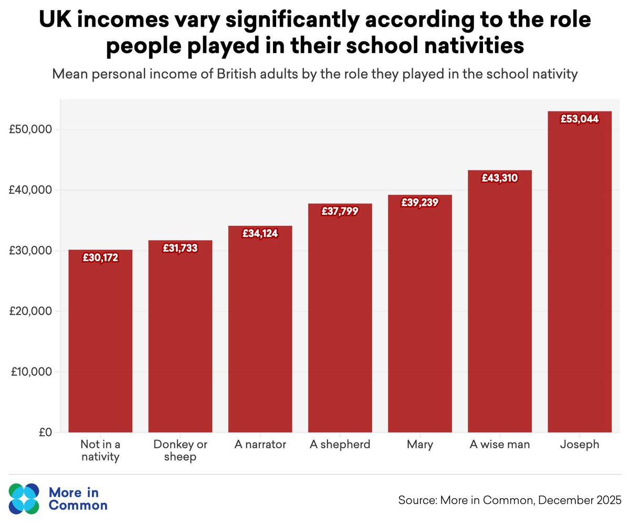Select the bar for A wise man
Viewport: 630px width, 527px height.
500,304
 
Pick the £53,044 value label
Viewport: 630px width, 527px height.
579,119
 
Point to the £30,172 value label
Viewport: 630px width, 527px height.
100,257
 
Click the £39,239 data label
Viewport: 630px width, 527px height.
419,202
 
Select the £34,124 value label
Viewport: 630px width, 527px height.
260,233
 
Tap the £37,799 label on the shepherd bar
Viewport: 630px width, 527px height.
340,211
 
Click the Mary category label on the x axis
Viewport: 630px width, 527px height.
419,445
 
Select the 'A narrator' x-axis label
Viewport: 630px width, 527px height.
260,445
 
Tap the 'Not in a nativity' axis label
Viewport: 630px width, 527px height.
100,451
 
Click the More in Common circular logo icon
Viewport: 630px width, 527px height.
24,499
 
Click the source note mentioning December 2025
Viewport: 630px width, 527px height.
510,499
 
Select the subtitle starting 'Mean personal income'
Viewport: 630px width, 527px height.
315,74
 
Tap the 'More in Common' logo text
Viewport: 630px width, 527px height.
77,499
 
